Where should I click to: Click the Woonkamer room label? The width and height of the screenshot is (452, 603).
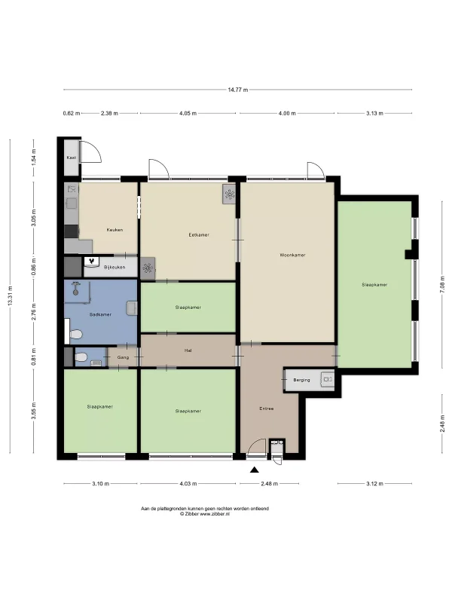pyautogui.click(x=292, y=255)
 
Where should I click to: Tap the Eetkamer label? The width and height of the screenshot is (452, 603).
pyautogui.click(x=199, y=235)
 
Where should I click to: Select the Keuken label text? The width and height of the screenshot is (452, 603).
pyautogui.click(x=115, y=230)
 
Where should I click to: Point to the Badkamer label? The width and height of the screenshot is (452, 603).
pyautogui.click(x=100, y=314)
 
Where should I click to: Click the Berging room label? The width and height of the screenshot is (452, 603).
pyautogui.click(x=301, y=380)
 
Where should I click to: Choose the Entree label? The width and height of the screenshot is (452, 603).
pyautogui.click(x=267, y=409)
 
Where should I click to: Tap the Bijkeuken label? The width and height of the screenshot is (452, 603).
pyautogui.click(x=115, y=268)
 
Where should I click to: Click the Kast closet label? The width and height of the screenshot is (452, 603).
pyautogui.click(x=72, y=158)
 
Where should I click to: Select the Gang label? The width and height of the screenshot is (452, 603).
pyautogui.click(x=123, y=357)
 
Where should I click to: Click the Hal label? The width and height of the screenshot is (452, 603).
pyautogui.click(x=188, y=350)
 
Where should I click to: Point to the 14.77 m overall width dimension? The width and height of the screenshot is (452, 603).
pyautogui.click(x=238, y=90)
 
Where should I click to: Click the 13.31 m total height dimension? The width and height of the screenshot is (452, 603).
pyautogui.click(x=11, y=296)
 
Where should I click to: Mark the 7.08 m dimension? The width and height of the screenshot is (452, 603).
pyautogui.click(x=442, y=285)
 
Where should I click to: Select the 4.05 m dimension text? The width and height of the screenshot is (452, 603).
pyautogui.click(x=188, y=114)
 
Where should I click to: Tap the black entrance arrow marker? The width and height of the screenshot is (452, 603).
pyautogui.click(x=254, y=470)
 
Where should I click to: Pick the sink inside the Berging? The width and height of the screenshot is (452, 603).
pyautogui.click(x=328, y=380)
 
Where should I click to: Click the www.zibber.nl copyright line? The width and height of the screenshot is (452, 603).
pyautogui.click(x=205, y=514)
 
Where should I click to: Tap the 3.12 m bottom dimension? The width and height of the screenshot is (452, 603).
pyautogui.click(x=374, y=484)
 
